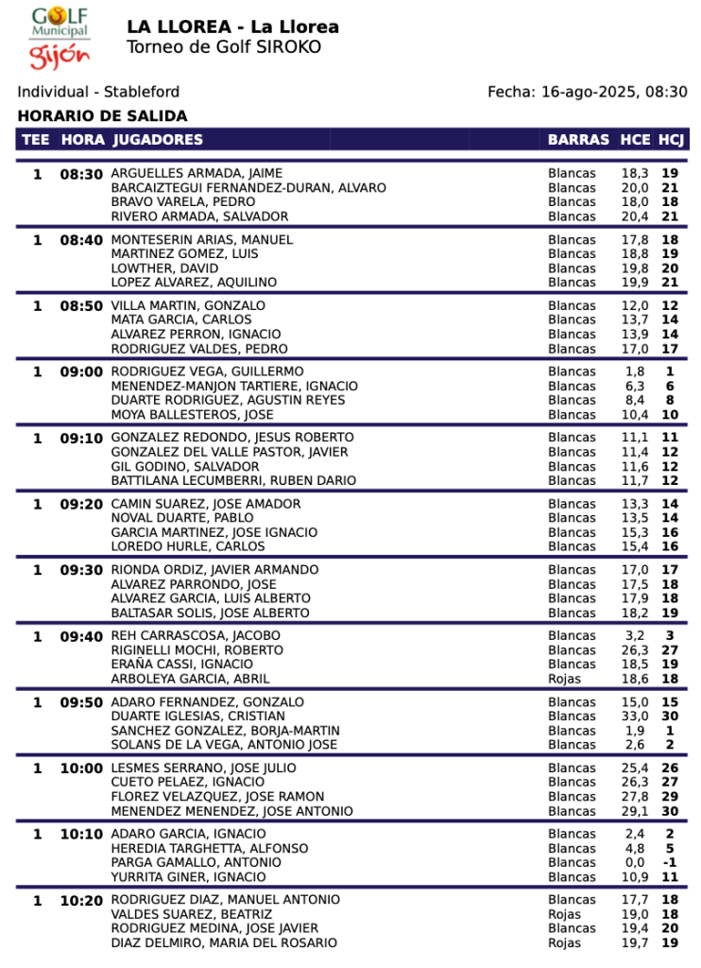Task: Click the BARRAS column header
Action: tap(578, 140)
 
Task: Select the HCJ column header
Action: tap(671, 140)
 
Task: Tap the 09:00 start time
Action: tap(81, 372)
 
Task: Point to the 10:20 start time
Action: tap(81, 901)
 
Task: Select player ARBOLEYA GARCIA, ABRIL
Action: tap(190, 679)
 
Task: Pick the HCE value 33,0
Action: tap(635, 717)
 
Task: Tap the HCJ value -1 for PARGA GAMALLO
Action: tap(670, 862)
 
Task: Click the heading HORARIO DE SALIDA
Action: tap(102, 116)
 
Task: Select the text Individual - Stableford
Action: tap(98, 93)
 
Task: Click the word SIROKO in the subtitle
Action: tap(288, 47)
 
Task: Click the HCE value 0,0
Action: tap(635, 862)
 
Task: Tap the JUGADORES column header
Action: tap(157, 140)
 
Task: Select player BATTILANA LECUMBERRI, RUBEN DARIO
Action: tap(233, 480)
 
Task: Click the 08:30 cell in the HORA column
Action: tap(81, 174)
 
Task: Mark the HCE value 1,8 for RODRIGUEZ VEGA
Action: tap(635, 372)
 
